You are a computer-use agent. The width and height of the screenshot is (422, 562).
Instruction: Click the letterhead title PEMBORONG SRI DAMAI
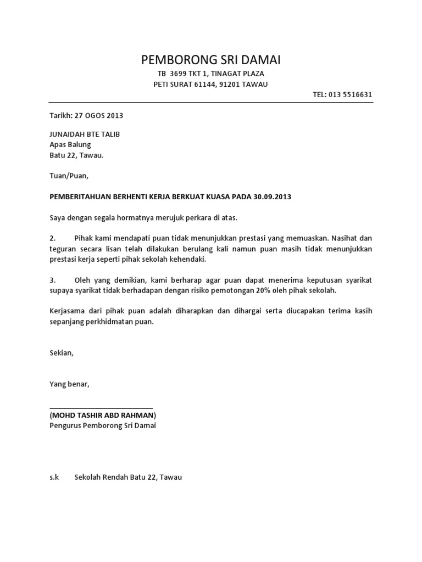pos(211,59)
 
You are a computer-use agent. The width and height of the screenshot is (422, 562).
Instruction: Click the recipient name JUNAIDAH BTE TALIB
pos(85,134)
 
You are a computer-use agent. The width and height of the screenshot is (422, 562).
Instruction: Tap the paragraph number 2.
pos(53,239)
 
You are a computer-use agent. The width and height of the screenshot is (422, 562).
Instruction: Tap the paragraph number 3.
pos(53,280)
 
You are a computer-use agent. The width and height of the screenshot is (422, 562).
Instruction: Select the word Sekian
pos(62,353)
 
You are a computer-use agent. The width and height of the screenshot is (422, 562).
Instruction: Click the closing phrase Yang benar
pos(69,384)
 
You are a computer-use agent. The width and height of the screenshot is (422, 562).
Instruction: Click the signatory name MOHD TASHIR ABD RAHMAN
pos(103,415)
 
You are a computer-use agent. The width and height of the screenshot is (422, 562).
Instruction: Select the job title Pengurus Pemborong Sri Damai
pos(103,425)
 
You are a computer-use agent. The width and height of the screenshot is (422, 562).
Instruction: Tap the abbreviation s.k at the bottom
pos(54,477)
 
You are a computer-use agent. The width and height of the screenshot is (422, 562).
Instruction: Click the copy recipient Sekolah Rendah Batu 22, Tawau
pos(128,477)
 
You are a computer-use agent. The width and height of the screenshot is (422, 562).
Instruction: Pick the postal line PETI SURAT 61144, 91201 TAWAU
pos(211,84)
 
